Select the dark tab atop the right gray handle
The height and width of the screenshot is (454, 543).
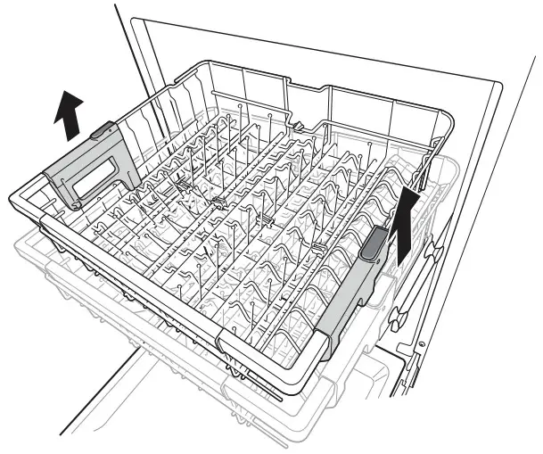pyautogui.click(x=374, y=240)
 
